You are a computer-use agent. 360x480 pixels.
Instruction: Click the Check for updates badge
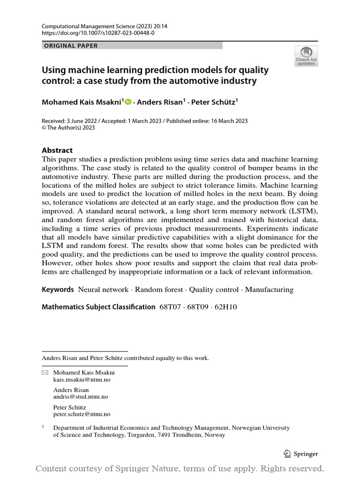pyautogui.click(x=306, y=56)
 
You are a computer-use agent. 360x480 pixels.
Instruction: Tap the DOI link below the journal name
pyautogui.click(x=98, y=33)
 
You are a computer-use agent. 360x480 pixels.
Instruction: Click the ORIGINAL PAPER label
pyautogui.click(x=71, y=45)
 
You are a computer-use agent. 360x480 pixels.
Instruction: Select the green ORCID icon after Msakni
pyautogui.click(x=128, y=101)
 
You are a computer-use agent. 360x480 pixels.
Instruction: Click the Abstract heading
pyautogui.click(x=57, y=150)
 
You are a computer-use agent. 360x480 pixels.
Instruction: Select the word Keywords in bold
pyautogui.click(x=58, y=290)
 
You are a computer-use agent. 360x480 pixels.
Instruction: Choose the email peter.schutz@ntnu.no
pyautogui.click(x=82, y=414)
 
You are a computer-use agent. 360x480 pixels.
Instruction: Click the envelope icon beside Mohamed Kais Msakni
pyautogui.click(x=45, y=373)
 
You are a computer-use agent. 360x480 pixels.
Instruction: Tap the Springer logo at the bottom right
pyautogui.click(x=301, y=453)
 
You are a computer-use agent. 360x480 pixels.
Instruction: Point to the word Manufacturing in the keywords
pyautogui.click(x=269, y=290)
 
